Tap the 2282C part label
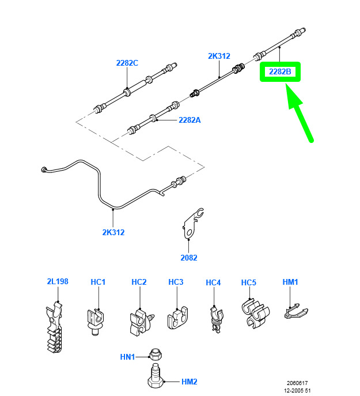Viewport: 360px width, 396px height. (x=127, y=63)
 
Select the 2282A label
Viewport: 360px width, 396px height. (x=189, y=120)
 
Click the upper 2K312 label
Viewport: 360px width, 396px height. (x=219, y=56)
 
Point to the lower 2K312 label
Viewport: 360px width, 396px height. (x=113, y=232)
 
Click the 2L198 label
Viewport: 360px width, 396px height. (x=58, y=281)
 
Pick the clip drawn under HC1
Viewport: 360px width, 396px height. (x=97, y=319)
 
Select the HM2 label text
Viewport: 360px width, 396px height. (x=189, y=381)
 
